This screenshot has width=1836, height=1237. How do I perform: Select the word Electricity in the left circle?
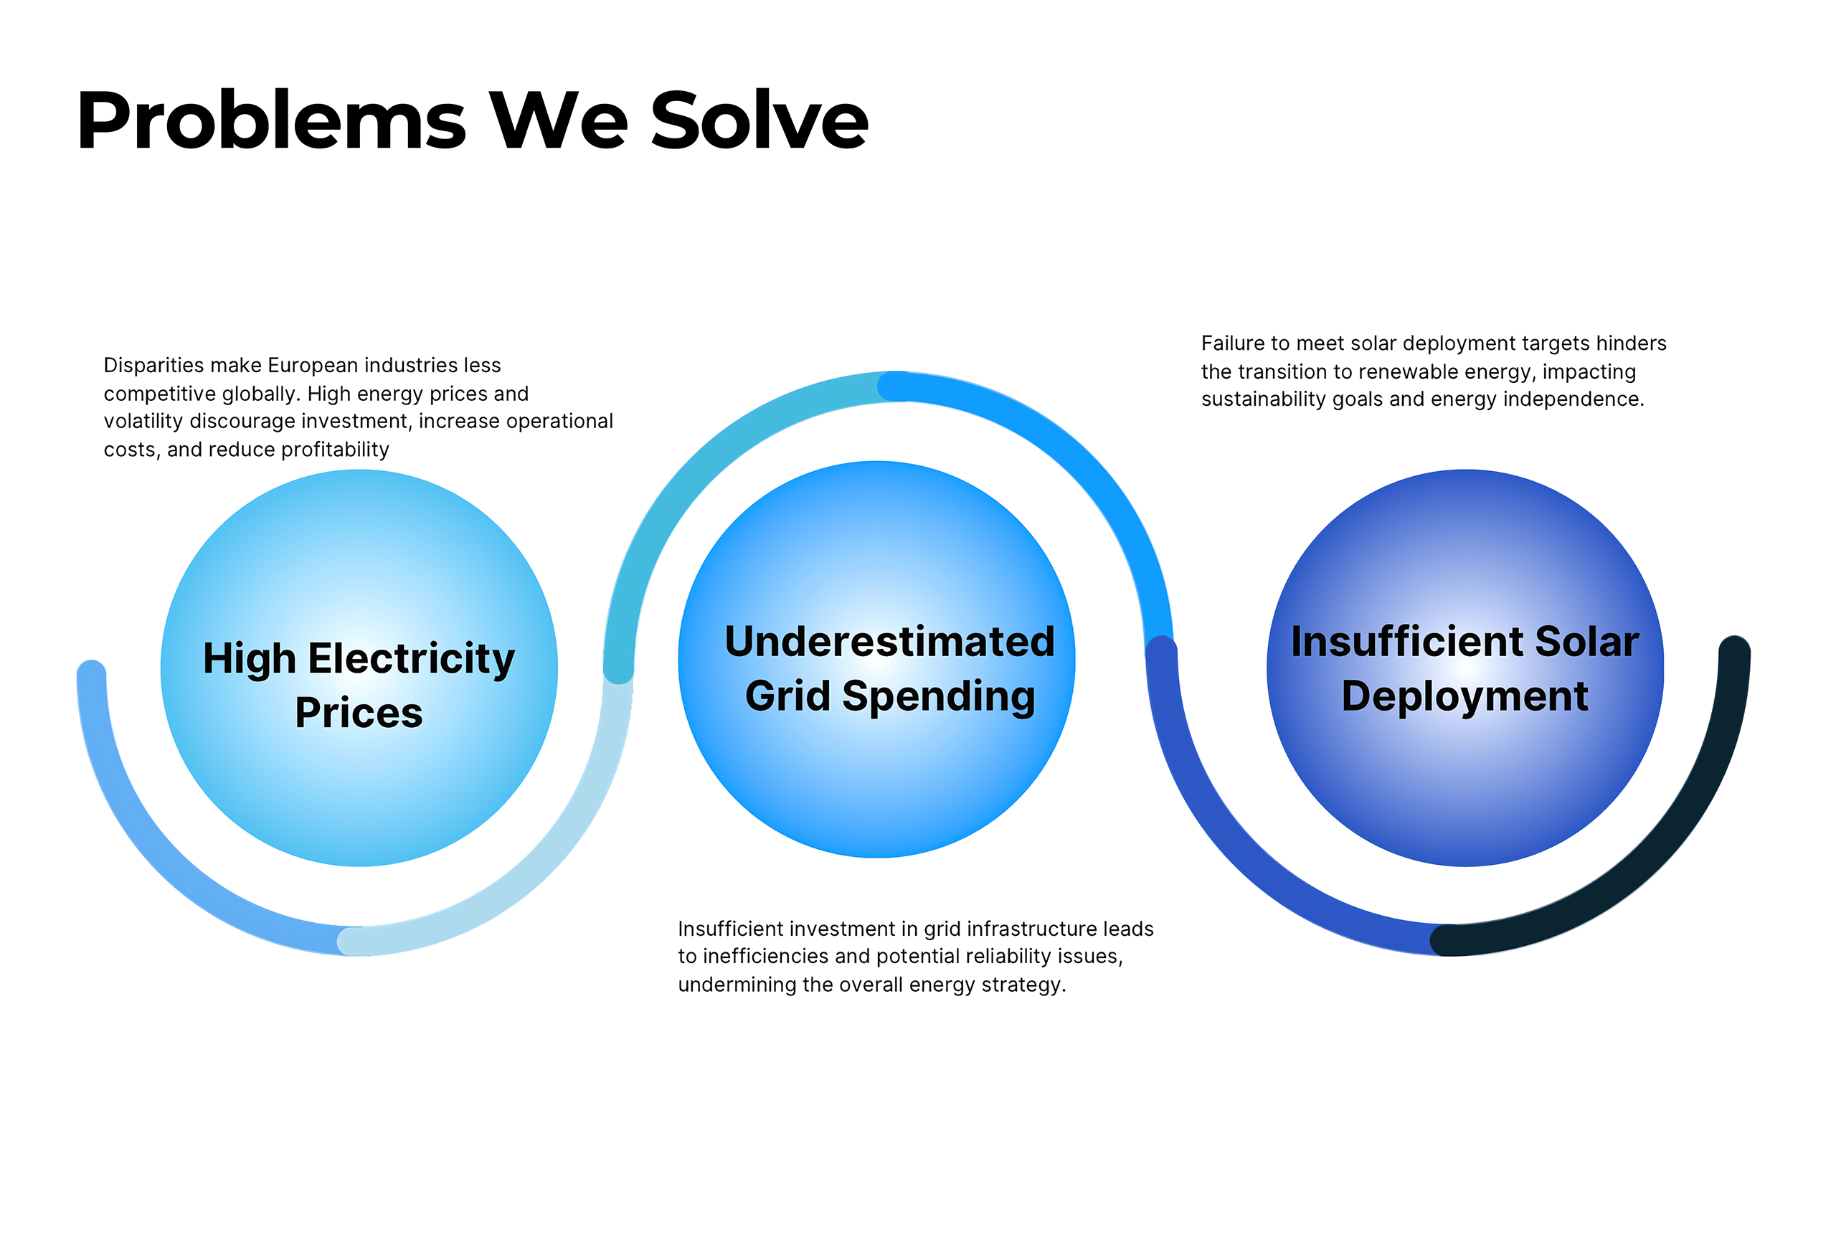[x=411, y=660]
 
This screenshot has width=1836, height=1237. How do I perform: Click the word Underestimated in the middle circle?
[x=889, y=640]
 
